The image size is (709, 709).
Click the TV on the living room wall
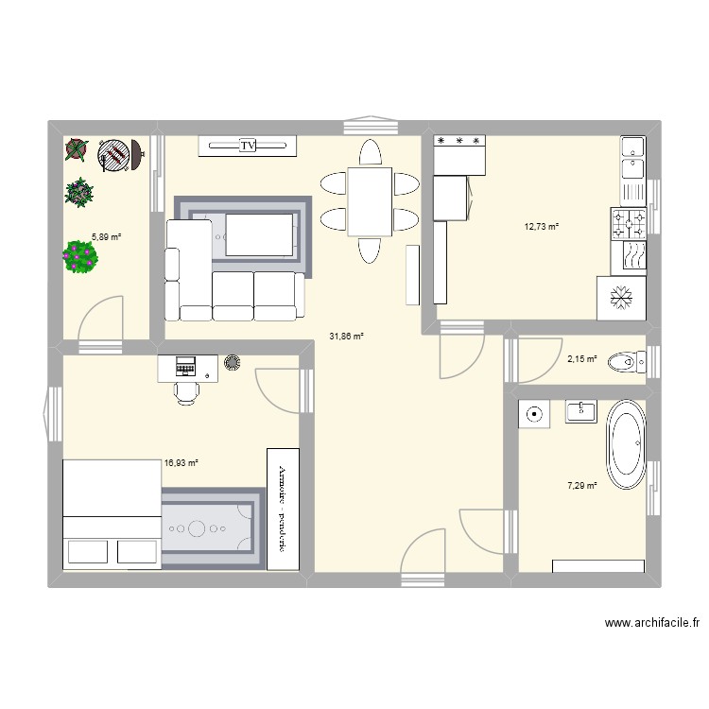coord(248,146)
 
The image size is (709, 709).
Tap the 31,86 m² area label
coord(346,336)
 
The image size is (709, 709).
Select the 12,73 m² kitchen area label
coord(542,226)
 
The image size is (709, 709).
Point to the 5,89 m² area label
coord(106,237)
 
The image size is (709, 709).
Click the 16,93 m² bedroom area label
coord(181,463)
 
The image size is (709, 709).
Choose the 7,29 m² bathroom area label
coord(581,486)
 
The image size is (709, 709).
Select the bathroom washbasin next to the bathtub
coord(580,411)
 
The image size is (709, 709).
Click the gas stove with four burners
coord(629,223)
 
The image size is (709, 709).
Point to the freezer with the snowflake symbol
coord(621,297)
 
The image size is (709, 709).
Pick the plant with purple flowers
coord(80,256)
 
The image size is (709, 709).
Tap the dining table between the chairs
coord(369,200)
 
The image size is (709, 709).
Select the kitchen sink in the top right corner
coord(631,157)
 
